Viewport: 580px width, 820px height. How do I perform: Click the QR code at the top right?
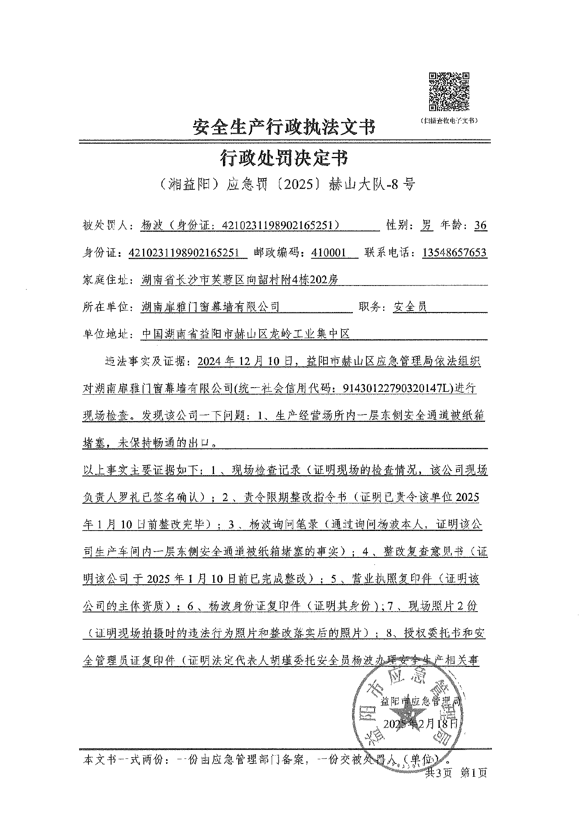tap(449, 92)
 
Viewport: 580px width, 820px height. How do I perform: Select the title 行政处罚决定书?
tap(284, 159)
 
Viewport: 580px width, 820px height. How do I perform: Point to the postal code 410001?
tap(329, 252)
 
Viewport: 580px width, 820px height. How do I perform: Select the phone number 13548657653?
tap(454, 252)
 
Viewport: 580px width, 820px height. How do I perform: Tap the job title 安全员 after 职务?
tap(410, 307)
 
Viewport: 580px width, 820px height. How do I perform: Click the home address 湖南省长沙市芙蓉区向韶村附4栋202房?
tap(239, 280)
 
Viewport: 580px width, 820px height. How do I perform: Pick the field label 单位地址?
tap(106, 334)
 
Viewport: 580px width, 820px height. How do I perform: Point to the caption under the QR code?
tap(449, 121)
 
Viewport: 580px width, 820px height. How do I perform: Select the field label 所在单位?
tap(106, 307)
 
